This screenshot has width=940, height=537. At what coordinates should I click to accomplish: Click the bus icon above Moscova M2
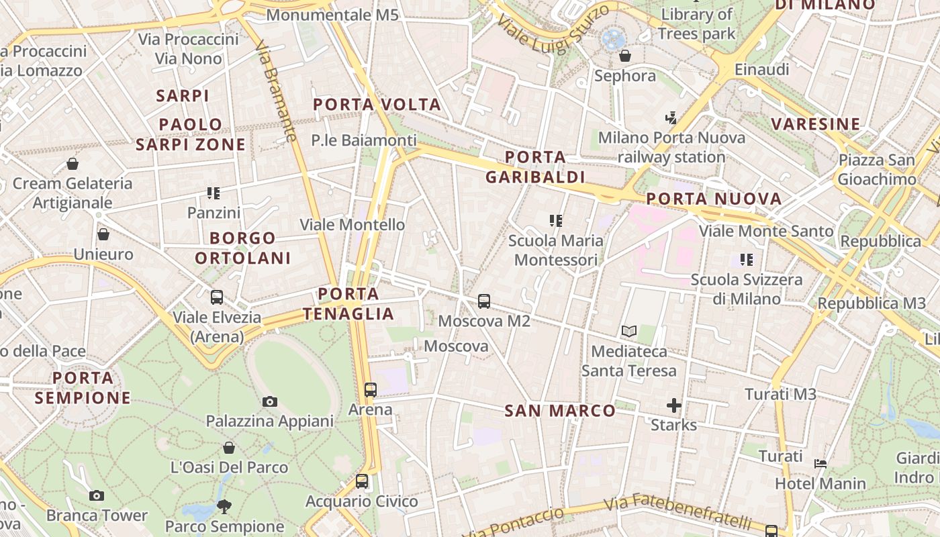484,301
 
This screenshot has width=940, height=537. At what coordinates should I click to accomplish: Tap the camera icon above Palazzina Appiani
270,401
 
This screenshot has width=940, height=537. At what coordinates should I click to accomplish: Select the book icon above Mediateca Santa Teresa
629,331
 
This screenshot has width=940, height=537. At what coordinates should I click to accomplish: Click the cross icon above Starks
674,405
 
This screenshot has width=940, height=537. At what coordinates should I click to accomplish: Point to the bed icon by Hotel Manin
820,463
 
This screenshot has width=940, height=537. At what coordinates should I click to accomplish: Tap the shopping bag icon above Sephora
625,56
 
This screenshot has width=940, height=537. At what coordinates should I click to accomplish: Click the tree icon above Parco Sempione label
224,506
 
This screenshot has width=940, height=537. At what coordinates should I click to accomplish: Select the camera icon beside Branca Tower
97,495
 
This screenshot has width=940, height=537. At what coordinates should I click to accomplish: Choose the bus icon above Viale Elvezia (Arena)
217,297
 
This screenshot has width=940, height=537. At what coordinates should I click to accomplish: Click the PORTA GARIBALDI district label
535,167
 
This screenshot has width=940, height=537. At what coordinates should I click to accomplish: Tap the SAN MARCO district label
560,411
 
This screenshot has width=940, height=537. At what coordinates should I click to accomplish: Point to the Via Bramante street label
276,91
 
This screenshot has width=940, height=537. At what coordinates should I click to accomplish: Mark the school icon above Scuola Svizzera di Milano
747,259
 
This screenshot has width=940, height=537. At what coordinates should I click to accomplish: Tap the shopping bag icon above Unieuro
103,234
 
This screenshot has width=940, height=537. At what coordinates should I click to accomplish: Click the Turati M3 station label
780,394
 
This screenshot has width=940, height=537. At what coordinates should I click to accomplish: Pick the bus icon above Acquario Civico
362,481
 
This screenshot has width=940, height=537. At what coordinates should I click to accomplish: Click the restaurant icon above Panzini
214,193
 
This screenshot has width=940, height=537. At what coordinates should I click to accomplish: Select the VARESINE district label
815,124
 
